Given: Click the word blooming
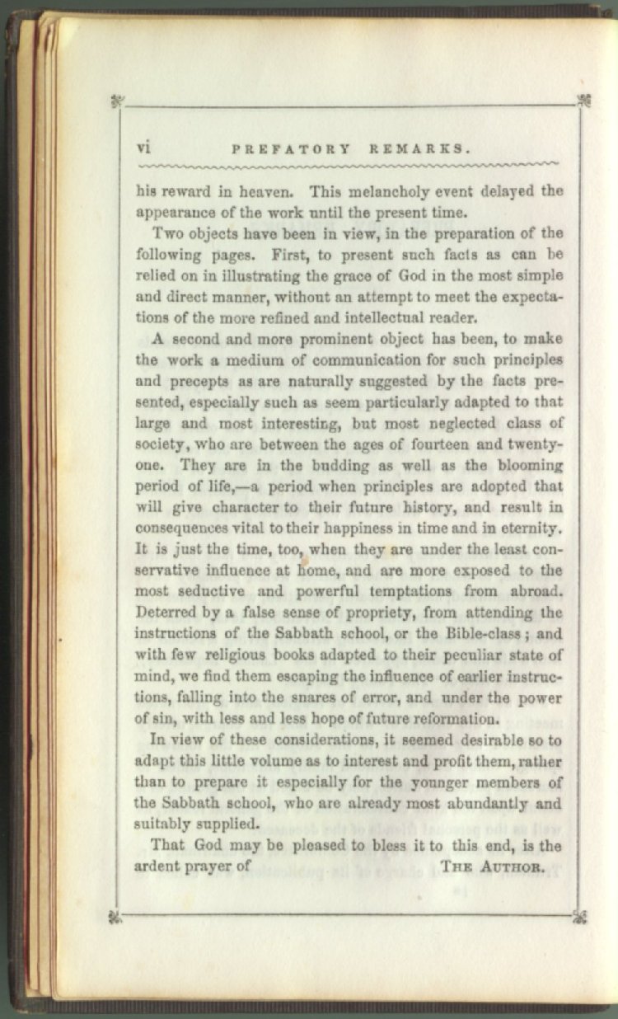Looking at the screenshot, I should pos(522,465).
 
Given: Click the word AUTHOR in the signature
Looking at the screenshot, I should pos(513,866).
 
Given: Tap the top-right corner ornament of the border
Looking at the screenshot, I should pos(584,101).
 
